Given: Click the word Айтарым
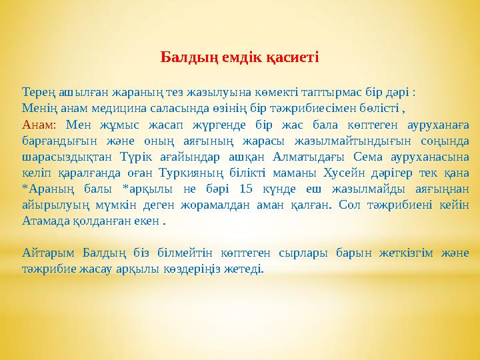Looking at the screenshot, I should tap(47, 253).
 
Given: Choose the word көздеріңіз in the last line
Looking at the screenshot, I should tap(202, 269).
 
